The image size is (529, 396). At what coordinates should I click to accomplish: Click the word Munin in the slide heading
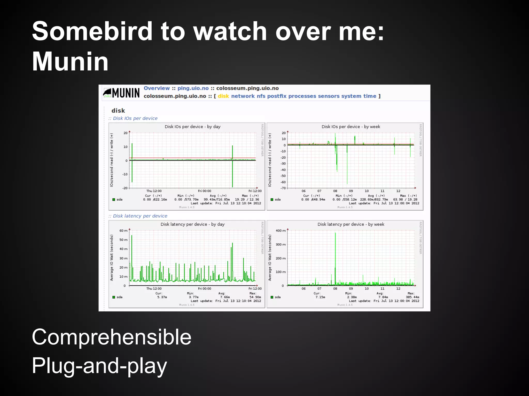coord(70,62)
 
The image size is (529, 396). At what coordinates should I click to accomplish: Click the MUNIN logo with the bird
coord(121,93)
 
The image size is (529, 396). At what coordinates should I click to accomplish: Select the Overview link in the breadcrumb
coord(157,88)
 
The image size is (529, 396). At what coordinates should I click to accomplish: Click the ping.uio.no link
coord(193,88)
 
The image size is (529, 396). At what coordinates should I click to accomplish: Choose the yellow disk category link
coord(223,96)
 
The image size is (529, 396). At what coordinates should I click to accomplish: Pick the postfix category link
coord(277,96)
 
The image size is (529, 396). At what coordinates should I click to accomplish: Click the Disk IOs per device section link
coord(135,118)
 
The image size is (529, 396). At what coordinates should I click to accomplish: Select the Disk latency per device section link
coord(140,216)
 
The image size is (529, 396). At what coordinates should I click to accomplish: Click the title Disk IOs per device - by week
coord(351,127)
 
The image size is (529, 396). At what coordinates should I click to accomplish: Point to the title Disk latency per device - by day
coord(192,224)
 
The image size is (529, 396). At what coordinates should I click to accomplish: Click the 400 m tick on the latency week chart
coord(281,231)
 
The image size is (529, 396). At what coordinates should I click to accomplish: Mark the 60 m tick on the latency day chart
coord(123,231)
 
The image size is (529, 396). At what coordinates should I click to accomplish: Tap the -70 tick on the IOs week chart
coord(283,188)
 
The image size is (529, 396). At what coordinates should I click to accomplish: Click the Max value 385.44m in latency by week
coord(412,297)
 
